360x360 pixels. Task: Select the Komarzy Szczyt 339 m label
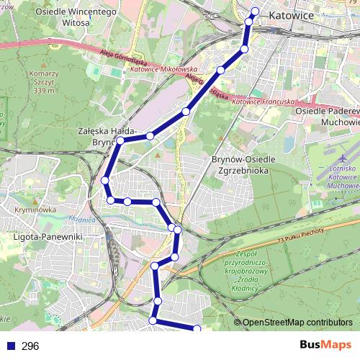(42, 82)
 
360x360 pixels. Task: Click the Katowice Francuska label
(265, 103)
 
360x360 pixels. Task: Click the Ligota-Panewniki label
(48, 235)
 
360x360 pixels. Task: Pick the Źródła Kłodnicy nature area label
(247, 272)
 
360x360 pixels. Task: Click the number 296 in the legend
(30, 346)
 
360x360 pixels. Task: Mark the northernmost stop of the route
(254, 11)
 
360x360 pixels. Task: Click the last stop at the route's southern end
(198, 329)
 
